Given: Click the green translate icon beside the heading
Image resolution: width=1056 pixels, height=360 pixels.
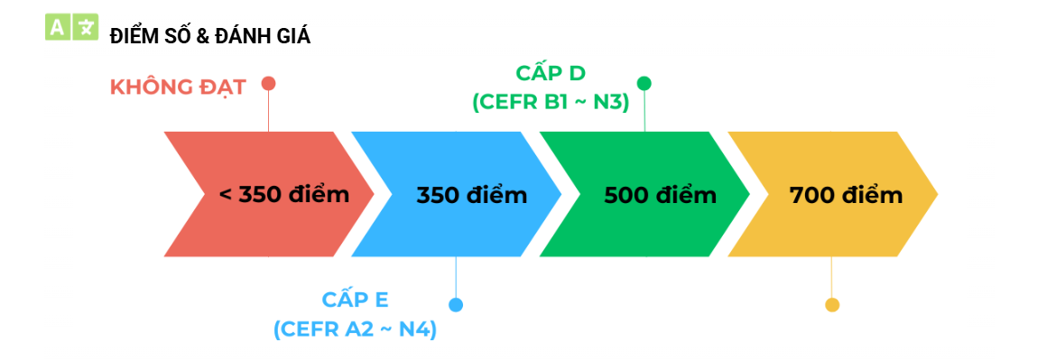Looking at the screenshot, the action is pos(71,27).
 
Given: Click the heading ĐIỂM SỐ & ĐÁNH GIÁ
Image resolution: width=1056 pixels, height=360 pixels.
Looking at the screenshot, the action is pos(210,37).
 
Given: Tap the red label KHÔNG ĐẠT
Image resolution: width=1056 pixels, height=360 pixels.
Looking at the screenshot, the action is pos(178,88).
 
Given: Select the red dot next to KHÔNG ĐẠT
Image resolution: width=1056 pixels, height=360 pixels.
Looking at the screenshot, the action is pos(269,83).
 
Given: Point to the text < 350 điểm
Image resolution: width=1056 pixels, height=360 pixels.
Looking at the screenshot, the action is pos(284,195).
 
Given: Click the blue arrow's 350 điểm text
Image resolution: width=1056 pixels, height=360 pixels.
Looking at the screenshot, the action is pos(471,195).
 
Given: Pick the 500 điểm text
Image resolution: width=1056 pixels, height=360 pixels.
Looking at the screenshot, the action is pos(660,195).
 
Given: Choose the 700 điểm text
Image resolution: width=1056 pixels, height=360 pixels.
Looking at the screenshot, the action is pos(846,195).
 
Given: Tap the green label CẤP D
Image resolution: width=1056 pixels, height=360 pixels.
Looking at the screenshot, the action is pos(551,73).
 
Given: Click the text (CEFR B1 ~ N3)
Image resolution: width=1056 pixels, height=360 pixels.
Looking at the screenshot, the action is pos(551,103).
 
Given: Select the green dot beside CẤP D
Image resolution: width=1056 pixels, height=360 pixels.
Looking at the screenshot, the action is pos(644,83).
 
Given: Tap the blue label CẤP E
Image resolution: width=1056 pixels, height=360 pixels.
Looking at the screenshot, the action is pos(355,300).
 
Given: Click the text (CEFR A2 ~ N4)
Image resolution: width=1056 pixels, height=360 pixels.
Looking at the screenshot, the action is pos(355,329).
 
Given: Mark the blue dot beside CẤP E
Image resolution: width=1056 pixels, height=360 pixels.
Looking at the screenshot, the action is pos(456,305).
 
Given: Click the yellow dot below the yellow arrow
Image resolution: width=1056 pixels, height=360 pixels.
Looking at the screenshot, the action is pos(832,305).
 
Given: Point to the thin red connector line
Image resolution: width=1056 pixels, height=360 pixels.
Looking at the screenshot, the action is pos(269,111).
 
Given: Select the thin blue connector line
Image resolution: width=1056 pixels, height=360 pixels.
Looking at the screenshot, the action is pos(456,277).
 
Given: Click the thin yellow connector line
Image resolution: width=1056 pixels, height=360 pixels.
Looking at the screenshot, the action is pos(832,277).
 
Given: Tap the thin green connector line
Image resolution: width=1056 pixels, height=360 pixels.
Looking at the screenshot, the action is pos(644,111).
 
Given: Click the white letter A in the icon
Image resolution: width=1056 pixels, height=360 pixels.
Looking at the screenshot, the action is pos(57,27).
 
